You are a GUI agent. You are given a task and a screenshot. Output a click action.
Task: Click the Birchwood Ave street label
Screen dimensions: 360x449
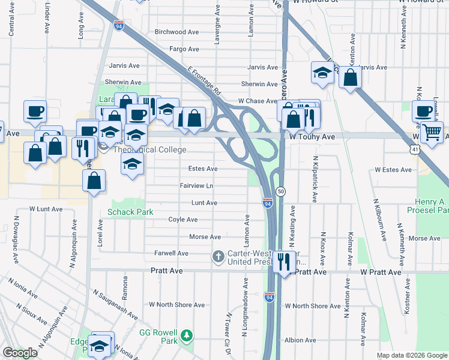click(x=176, y=32)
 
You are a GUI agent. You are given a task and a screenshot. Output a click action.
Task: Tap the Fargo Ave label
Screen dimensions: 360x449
click(x=184, y=49)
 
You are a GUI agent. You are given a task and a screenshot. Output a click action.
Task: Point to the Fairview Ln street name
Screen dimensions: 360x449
click(x=197, y=186)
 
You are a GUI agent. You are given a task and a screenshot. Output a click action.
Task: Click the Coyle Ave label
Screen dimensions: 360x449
click(x=184, y=220)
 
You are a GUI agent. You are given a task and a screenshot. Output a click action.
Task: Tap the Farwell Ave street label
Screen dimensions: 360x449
click(x=171, y=254)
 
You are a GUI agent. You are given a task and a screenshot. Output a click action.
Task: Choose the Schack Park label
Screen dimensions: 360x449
click(x=130, y=212)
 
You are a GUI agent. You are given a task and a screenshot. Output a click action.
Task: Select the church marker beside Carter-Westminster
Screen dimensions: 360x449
click(x=218, y=257)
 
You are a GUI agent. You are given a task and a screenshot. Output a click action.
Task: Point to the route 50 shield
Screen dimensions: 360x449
click(x=280, y=191)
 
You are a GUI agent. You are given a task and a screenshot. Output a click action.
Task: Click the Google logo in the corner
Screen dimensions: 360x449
click(x=20, y=353)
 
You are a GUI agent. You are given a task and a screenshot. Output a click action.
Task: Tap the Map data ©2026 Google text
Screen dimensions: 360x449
click(x=411, y=355)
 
